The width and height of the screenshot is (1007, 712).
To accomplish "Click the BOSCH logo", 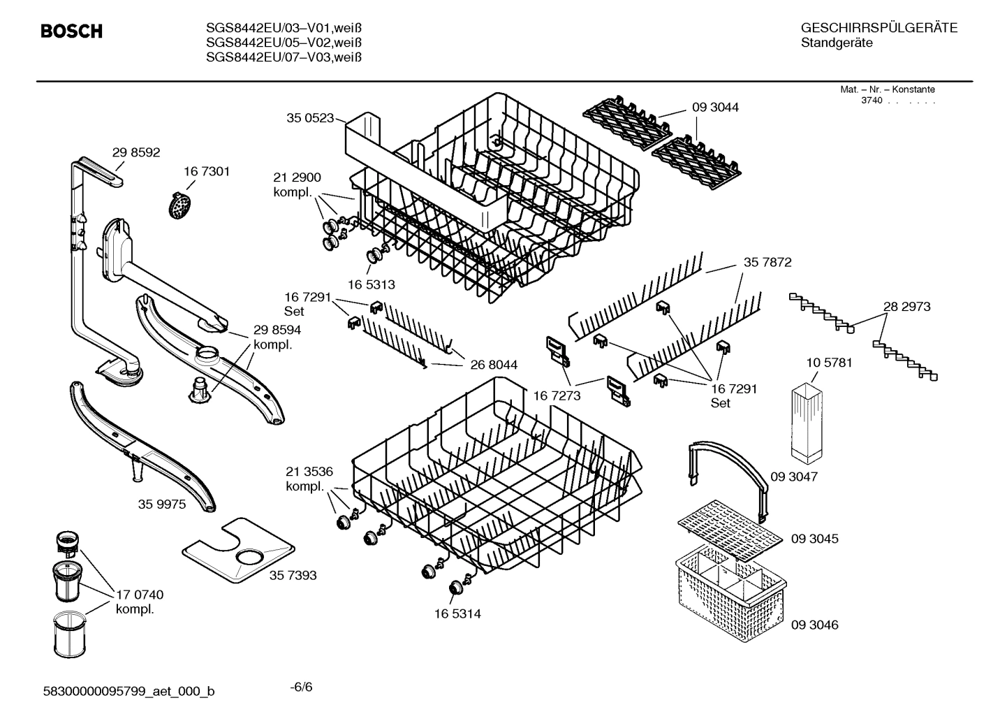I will [71, 31].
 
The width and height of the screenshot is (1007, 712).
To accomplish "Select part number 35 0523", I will [309, 118].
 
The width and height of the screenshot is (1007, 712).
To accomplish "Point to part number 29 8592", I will [136, 152].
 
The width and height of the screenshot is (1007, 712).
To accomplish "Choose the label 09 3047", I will [793, 477].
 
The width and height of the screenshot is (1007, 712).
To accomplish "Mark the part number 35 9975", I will [161, 504].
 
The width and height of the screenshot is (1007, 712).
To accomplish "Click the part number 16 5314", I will [457, 613].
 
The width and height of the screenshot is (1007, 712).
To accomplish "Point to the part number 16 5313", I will [371, 284].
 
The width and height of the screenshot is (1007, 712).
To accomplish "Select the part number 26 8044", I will [494, 364].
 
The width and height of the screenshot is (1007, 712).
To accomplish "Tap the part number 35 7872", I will [767, 262].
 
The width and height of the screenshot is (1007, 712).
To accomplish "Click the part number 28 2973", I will [906, 306].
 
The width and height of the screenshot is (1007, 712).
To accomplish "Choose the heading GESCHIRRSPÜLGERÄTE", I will [879, 28].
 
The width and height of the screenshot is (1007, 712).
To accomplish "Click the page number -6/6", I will [301, 687].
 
